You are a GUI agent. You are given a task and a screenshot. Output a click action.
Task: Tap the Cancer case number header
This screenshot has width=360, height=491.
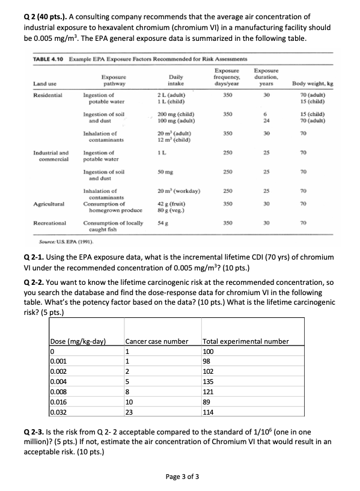157,341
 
